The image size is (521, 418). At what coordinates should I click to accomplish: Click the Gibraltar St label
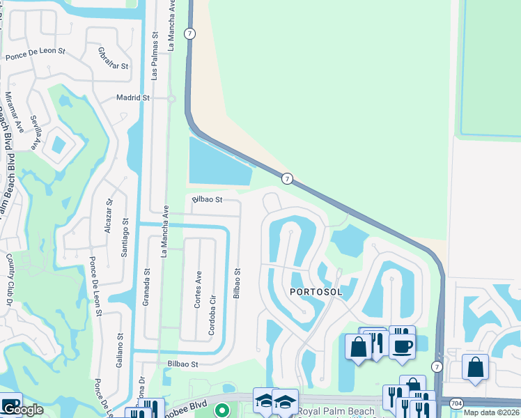(114, 59)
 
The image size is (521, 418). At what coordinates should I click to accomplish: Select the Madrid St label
(133, 98)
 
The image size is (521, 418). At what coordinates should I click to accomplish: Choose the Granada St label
(147, 284)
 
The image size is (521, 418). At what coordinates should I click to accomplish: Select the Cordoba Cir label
(212, 316)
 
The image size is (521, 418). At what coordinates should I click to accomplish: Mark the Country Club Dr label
(10, 279)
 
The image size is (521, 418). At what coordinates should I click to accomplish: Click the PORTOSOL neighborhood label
(316, 292)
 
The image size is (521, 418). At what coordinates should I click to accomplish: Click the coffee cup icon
(402, 343)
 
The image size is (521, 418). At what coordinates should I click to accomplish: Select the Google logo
(22, 410)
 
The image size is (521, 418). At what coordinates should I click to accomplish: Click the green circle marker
(221, 410)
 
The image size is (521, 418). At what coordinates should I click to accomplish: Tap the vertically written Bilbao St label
(237, 284)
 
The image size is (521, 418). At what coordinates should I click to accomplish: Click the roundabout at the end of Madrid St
(171, 99)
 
